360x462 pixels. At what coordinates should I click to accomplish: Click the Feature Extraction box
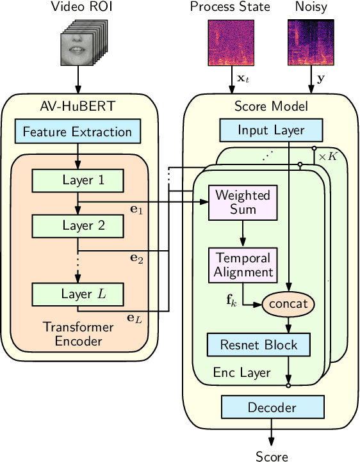[78, 132]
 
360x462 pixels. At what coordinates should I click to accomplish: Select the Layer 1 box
[78, 180]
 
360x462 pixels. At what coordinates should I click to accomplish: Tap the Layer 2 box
[78, 225]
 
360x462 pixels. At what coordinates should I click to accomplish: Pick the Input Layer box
[272, 130]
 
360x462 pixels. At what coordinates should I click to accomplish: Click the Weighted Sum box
[242, 202]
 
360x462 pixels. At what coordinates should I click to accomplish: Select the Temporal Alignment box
[242, 265]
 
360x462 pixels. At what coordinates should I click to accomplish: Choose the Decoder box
[272, 408]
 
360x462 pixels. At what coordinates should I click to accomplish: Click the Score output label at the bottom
[272, 456]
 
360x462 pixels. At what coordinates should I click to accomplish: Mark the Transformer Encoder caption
[78, 334]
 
